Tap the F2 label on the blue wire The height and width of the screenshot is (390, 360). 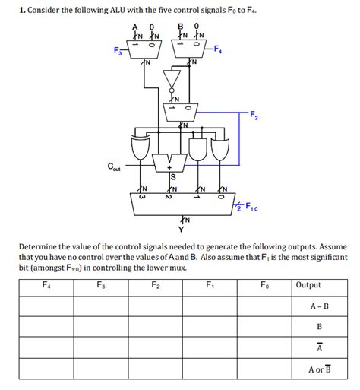(x=252, y=115)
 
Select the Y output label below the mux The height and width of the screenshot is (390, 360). (x=181, y=228)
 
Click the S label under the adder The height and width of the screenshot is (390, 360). (x=173, y=178)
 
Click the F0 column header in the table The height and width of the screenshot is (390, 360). (x=264, y=286)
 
